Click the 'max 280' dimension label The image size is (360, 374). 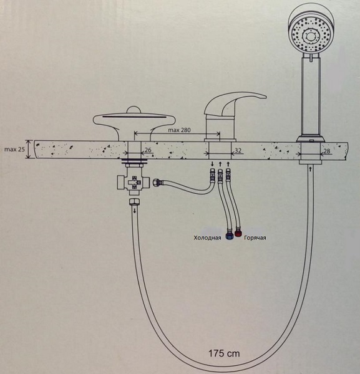tap(179, 130)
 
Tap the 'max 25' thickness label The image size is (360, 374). tap(14, 150)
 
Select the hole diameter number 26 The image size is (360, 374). tap(148, 150)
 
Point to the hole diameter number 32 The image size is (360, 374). tap(238, 150)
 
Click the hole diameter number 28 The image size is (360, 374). tap(327, 151)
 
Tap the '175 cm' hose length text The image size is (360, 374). tap(224, 353)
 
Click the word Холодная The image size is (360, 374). tap(207, 238)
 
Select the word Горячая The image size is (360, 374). tap(255, 237)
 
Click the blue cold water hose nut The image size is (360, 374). tap(230, 236)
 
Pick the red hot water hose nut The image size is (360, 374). tap(238, 233)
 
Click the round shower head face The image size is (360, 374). tap(310, 36)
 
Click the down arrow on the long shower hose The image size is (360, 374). tap(135, 211)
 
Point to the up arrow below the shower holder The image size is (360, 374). tap(310, 169)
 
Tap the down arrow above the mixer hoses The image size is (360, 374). tap(212, 163)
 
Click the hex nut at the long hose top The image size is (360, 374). tap(134, 201)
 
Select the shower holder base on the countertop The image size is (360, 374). tap(310, 139)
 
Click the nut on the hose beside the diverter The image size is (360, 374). tap(157, 183)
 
